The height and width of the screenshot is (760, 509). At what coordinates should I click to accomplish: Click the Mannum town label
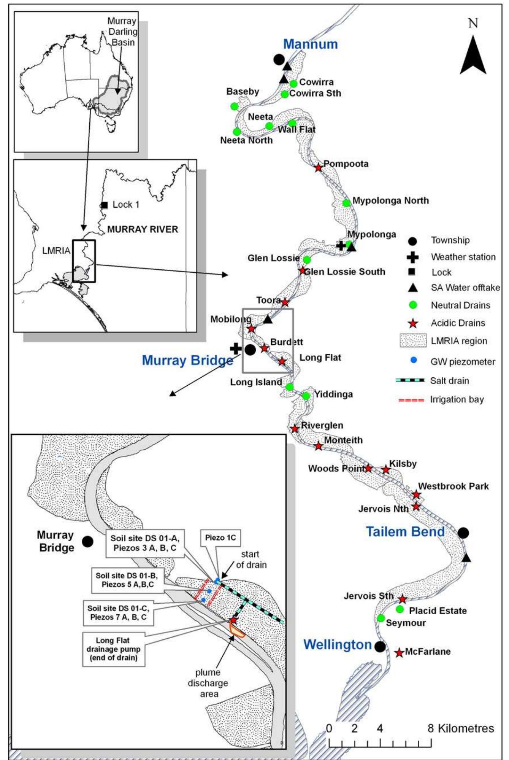(x=310, y=44)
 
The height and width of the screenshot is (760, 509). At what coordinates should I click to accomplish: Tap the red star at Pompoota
(x=319, y=167)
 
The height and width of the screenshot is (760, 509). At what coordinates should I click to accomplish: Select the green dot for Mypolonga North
(x=346, y=203)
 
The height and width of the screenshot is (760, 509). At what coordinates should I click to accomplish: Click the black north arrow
(x=473, y=55)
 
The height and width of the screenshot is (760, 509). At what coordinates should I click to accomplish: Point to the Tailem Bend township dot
(x=463, y=533)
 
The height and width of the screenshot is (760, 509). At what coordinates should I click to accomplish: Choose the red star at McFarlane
(x=399, y=653)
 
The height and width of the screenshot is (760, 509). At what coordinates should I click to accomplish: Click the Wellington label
(x=338, y=644)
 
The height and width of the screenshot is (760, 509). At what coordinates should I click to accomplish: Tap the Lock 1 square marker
(x=105, y=205)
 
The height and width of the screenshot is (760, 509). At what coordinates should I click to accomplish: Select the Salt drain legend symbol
(x=410, y=380)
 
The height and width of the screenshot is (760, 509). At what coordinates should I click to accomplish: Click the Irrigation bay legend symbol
(x=411, y=400)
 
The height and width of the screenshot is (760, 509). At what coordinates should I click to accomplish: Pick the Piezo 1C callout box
(x=220, y=538)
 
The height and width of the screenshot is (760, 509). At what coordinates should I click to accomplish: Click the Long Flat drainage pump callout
(x=113, y=649)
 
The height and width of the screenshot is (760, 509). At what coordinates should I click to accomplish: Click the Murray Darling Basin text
(x=122, y=32)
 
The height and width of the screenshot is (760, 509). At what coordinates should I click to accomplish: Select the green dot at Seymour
(x=381, y=618)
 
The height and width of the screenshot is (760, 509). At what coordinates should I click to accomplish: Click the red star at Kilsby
(x=386, y=470)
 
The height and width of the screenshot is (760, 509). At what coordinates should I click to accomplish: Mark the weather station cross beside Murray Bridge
(x=236, y=348)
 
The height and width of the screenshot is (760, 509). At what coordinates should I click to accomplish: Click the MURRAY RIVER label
(x=143, y=229)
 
